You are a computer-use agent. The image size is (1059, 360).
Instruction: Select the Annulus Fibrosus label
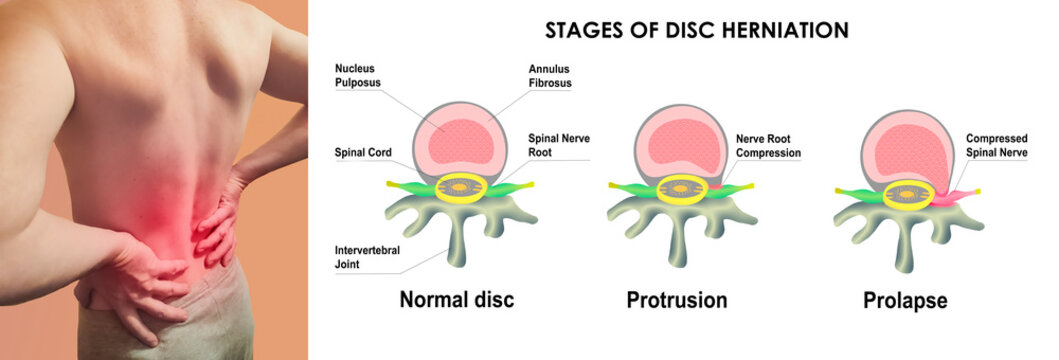[x=550, y=76]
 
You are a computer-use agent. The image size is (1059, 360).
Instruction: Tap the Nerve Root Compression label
[x=768, y=146]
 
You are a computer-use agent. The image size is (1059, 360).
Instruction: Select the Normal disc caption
[x=456, y=299]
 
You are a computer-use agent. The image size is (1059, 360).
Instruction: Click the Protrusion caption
[x=677, y=299]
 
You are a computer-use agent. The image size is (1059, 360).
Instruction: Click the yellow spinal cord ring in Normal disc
[x=461, y=186]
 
